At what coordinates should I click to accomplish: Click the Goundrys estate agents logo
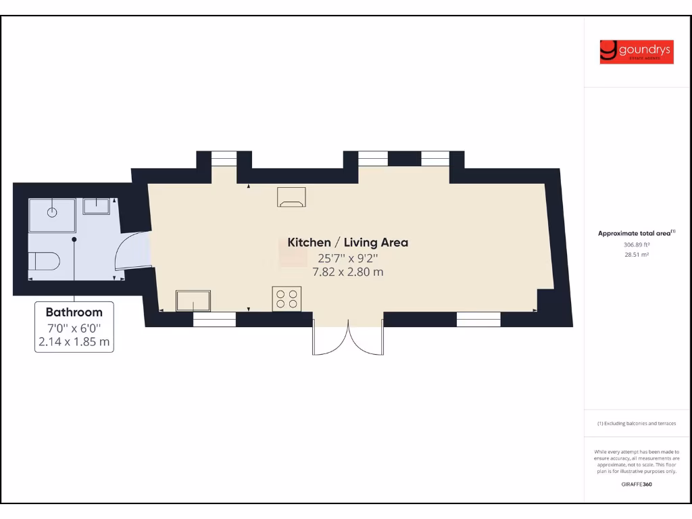[636, 52]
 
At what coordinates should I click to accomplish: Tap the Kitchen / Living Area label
[347, 242]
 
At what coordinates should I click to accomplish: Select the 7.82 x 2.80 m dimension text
[347, 272]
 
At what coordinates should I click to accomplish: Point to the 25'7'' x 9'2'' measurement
[347, 257]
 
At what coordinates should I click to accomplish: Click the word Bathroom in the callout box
[74, 312]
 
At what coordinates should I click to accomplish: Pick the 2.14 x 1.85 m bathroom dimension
[74, 342]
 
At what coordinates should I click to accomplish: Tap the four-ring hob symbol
[286, 299]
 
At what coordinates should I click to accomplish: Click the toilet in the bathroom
[45, 260]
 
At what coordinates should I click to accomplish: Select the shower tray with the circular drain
[52, 214]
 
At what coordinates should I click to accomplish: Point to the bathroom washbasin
[96, 205]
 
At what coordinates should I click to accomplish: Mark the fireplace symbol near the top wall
[291, 197]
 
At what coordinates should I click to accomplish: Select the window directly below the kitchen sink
[214, 320]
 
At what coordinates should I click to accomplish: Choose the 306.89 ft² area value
[636, 245]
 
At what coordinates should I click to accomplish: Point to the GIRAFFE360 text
[636, 484]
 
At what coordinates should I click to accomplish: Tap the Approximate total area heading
[635, 233]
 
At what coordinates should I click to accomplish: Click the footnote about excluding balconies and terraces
[636, 424]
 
